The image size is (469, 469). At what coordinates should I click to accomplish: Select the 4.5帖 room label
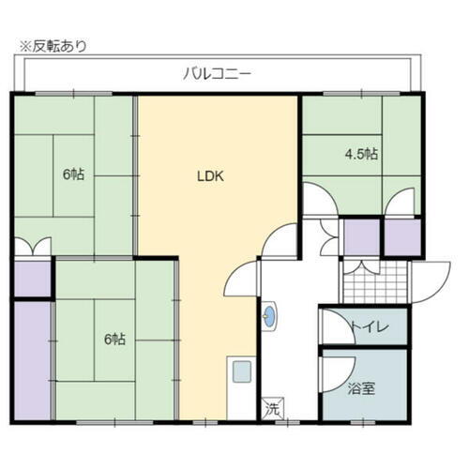tap(359, 154)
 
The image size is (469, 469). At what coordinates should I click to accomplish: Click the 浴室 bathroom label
tap(363, 386)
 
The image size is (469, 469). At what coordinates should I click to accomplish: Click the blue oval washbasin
tap(270, 317)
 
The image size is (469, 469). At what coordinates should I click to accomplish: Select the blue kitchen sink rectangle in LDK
tap(241, 371)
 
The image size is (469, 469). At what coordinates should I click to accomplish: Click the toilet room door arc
tap(332, 325)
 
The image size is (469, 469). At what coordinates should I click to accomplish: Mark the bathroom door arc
tap(332, 371)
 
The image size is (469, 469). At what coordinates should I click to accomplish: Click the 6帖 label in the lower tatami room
tap(113, 340)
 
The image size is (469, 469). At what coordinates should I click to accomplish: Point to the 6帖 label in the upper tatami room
tap(73, 174)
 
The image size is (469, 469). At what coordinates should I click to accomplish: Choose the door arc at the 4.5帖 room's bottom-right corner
tap(401, 202)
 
